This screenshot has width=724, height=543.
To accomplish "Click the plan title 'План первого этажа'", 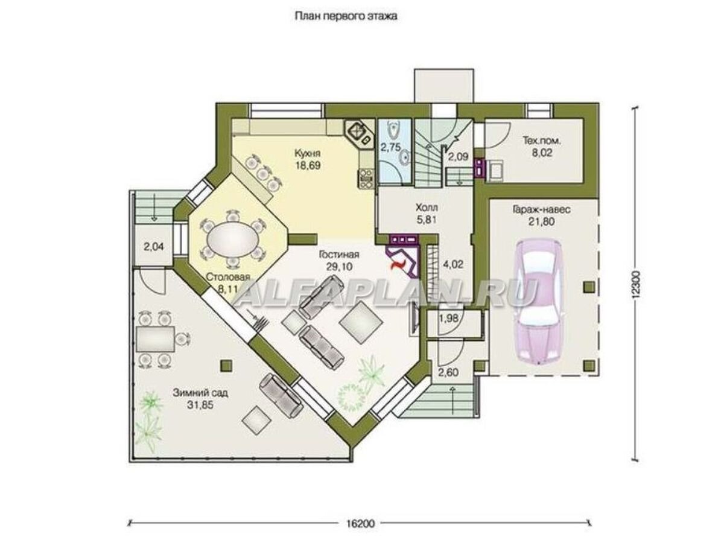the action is pos(345,16).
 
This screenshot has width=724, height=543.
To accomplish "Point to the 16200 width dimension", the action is pos(359,523).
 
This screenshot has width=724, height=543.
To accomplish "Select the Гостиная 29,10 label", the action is pos(339,261).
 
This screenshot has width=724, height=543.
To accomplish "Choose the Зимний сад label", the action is pos(200,393).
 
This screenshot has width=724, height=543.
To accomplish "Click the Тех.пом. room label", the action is pos(542,141).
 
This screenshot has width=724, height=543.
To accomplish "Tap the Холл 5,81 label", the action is pos(427,214).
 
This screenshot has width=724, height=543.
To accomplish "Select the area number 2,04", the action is pos(154,246).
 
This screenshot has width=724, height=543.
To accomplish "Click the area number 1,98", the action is pos(449,318).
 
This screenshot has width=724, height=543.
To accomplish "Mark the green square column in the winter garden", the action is pos(226,365).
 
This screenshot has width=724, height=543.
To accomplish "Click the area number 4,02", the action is pos(453,264).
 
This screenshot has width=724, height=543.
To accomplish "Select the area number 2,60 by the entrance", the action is pos(448,372).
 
